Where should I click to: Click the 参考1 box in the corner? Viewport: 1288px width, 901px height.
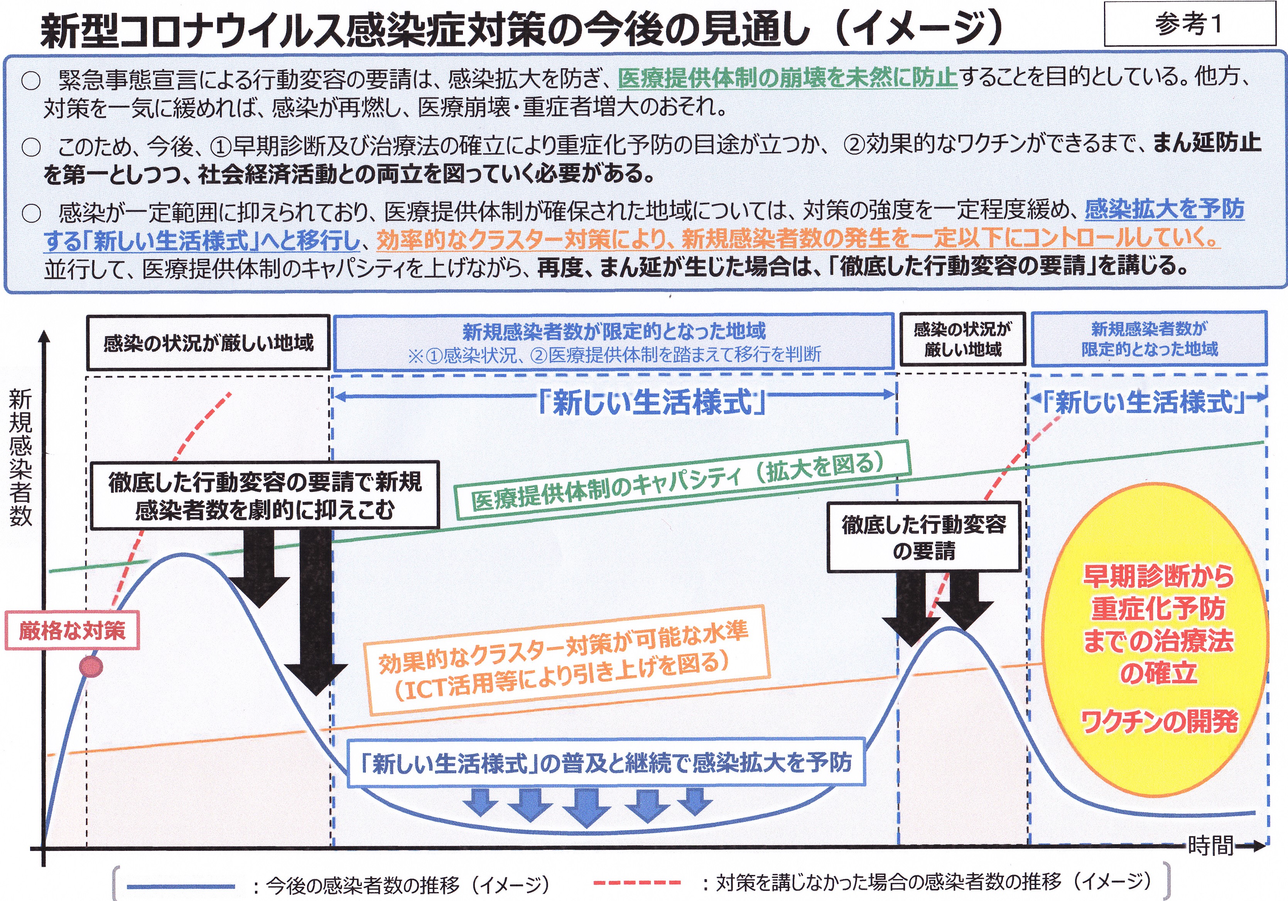1190,24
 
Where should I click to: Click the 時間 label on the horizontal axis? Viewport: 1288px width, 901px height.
1210,845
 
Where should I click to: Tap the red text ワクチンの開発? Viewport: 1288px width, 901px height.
1159,721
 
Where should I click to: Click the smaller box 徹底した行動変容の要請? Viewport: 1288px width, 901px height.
923,537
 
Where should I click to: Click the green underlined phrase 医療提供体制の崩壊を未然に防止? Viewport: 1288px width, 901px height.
788,78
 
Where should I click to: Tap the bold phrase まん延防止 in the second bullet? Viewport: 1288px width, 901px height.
1207,143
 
